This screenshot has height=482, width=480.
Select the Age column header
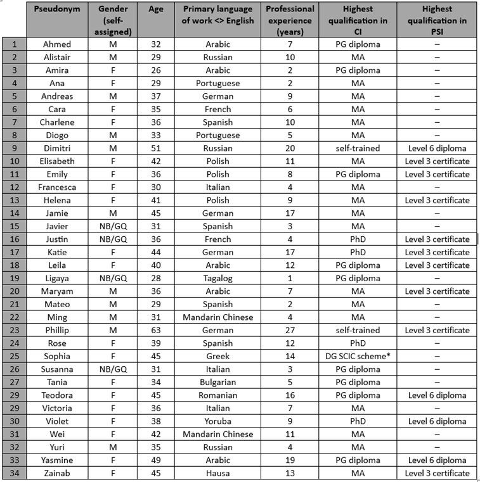155,9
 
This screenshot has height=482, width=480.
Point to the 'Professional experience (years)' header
290,20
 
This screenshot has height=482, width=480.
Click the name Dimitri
58,148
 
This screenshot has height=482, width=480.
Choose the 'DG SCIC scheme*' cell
358,356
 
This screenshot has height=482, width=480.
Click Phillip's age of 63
155,330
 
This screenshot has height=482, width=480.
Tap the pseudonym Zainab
58,473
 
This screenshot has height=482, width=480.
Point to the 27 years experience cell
290,330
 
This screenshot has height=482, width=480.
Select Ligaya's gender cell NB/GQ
115,278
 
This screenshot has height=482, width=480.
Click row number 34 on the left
13,473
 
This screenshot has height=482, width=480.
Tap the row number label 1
13,44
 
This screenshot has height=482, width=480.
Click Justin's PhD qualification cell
358,239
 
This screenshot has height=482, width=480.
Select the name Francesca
58,187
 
